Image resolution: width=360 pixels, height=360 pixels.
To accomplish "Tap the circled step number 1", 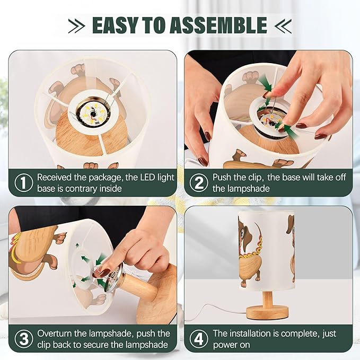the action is (24, 182).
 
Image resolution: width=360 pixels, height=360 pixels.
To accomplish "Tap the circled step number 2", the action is (199, 182).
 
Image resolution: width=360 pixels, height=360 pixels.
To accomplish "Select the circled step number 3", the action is (24, 339).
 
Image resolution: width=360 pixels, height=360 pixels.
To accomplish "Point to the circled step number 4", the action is (199, 339).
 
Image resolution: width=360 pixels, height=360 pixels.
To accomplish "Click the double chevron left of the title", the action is (76, 25).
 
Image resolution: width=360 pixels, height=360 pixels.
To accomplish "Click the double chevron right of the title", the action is (283, 25).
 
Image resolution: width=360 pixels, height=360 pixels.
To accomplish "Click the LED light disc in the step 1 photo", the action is (93, 113).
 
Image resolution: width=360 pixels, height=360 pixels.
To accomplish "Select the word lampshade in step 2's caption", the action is (241, 189).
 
